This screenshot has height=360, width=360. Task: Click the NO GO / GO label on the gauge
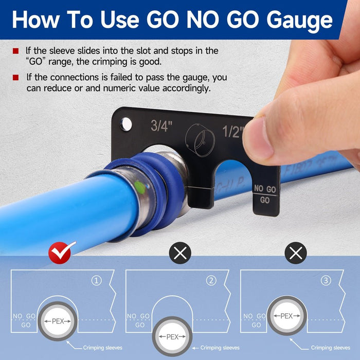(265, 194)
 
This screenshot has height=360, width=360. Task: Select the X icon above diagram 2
(180, 253)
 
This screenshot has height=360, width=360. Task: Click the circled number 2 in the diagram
(211, 281)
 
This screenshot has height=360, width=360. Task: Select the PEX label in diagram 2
(172, 337)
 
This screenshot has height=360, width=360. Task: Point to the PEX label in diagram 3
(287, 315)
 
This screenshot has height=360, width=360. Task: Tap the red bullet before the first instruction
(16, 51)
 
